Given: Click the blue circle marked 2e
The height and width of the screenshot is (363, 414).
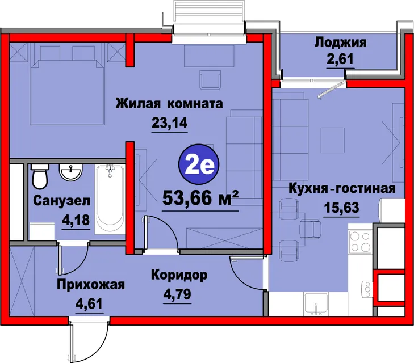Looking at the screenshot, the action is click(199, 164).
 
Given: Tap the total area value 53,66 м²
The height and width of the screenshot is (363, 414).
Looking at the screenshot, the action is click(200, 198).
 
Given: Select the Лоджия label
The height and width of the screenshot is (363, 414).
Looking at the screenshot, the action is click(340, 43).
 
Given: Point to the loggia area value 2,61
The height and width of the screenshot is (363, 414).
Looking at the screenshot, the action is click(340, 59).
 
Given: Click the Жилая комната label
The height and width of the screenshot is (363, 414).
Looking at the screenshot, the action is click(169, 103).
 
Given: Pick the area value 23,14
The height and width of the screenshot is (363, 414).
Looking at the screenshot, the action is click(169, 123).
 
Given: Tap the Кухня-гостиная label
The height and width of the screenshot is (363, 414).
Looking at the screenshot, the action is click(342, 189).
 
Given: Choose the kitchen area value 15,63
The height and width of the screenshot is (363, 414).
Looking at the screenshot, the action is click(342, 208).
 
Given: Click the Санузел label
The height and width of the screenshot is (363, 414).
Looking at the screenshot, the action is click(62, 201).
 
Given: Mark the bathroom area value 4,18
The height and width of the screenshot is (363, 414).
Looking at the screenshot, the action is click(76, 220).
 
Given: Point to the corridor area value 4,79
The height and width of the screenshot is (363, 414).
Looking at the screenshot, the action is click(177, 294).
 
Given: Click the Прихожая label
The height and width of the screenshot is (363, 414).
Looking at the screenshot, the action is click(91, 285).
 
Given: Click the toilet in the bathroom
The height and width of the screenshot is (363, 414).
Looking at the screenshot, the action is click(40, 176).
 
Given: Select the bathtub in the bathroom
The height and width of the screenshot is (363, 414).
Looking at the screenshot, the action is click(110, 200).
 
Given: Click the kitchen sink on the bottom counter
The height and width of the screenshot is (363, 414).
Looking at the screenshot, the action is click(316, 304).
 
